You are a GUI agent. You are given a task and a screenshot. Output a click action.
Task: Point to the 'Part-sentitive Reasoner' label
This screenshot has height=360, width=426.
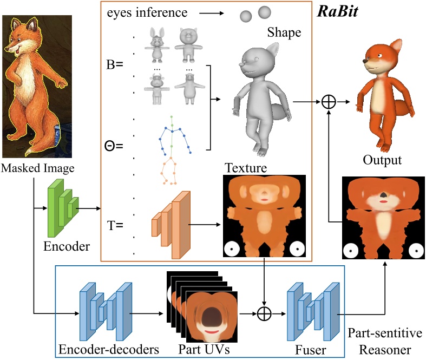click(x=385, y=340)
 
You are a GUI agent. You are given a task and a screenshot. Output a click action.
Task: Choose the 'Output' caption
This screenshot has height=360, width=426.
click(x=383, y=160)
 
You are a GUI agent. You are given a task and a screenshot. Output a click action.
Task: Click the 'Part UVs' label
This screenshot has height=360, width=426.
click(x=203, y=349)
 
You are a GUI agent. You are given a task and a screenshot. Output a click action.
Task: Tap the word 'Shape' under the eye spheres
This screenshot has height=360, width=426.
click(x=284, y=33)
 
